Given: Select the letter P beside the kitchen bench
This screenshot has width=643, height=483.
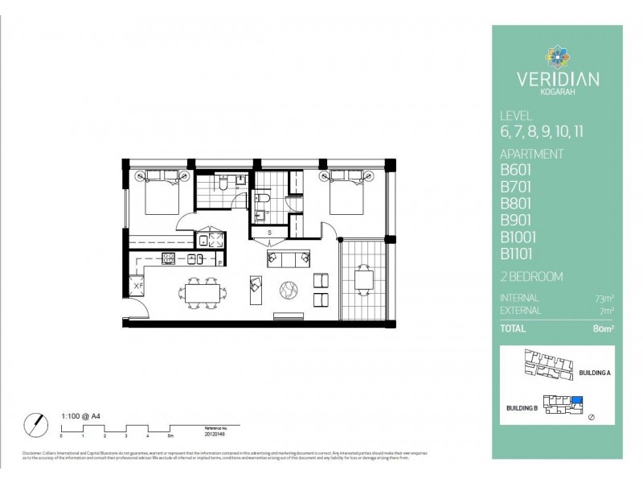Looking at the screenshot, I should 219,262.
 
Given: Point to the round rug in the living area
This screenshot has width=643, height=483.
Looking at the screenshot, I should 289,287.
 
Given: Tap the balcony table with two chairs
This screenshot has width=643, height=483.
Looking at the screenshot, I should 363,280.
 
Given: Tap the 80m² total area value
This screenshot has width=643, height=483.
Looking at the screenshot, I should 602,328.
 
